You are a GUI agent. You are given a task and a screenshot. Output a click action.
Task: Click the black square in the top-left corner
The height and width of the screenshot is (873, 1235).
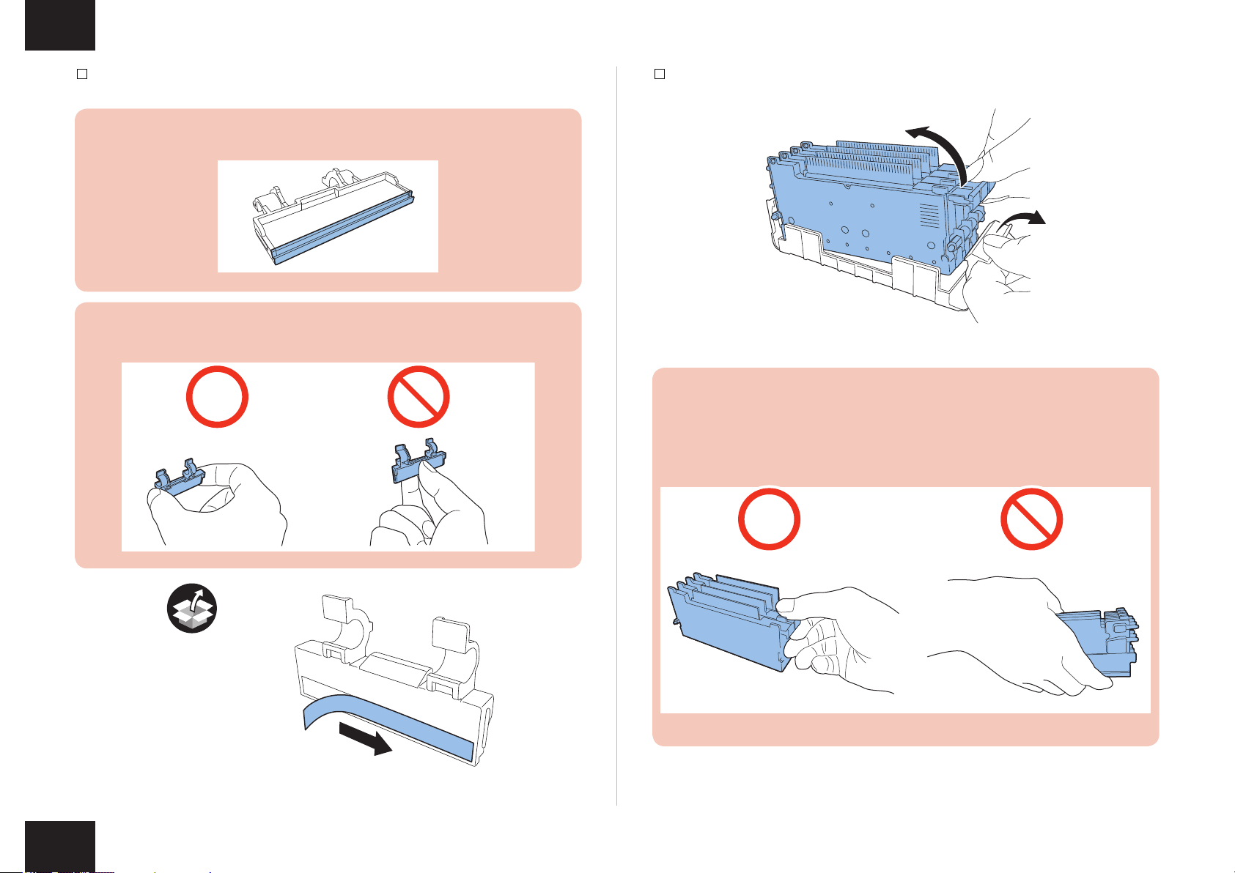pyautogui.click(x=60, y=25)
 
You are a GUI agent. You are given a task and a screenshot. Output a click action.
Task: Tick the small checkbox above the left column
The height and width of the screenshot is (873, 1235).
pyautogui.click(x=83, y=74)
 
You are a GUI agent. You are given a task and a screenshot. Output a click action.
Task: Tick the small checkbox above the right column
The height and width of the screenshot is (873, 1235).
pyautogui.click(x=660, y=74)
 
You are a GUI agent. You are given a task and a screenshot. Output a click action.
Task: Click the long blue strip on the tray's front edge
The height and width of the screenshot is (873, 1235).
pyautogui.click(x=344, y=227)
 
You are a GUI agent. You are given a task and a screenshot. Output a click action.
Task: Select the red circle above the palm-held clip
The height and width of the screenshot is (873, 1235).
pyautogui.click(x=217, y=397)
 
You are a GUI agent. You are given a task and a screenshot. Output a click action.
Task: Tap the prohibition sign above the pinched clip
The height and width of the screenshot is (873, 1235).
pyautogui.click(x=418, y=397)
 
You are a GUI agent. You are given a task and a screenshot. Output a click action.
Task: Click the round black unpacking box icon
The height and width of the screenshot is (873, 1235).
pyautogui.click(x=192, y=608)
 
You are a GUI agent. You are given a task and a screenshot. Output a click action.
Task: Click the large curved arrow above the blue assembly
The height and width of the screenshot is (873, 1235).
pyautogui.click(x=943, y=146)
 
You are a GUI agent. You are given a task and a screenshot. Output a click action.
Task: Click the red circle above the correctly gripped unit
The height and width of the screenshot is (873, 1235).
pyautogui.click(x=769, y=519)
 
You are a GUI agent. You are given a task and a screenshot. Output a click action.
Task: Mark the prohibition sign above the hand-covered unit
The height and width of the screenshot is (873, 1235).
pyautogui.click(x=1032, y=519)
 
